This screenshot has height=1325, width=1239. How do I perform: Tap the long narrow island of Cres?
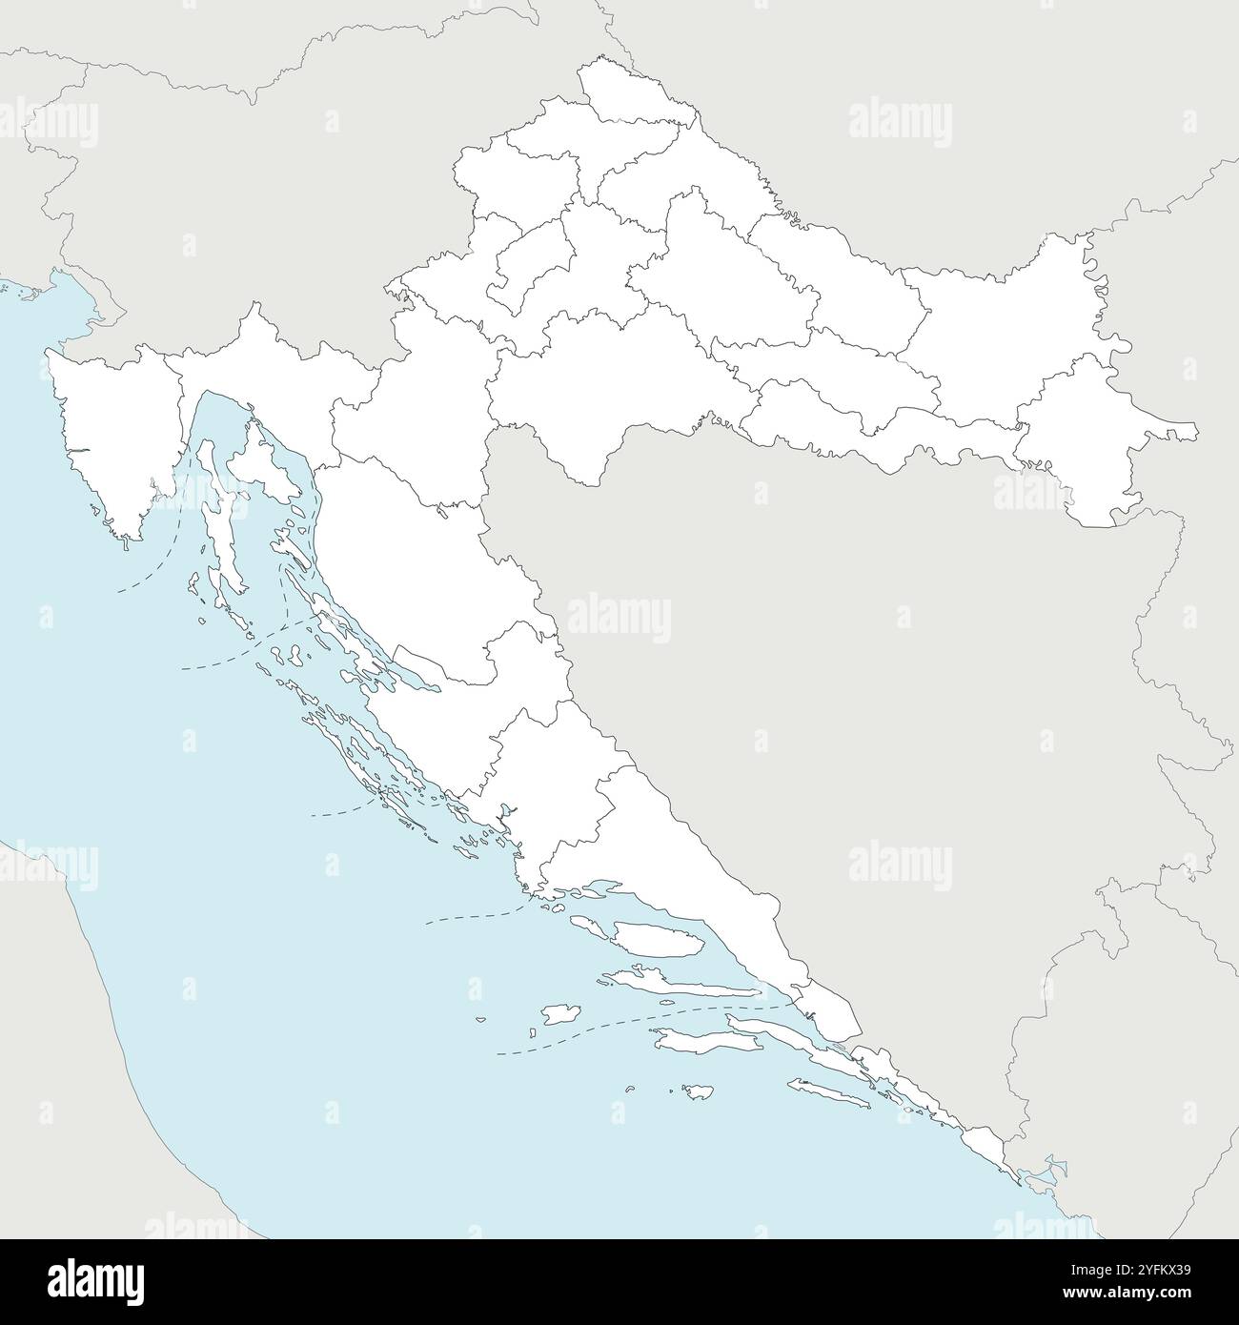pyautogui.click(x=215, y=515)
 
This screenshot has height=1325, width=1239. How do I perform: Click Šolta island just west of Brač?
pyautogui.click(x=591, y=922)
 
